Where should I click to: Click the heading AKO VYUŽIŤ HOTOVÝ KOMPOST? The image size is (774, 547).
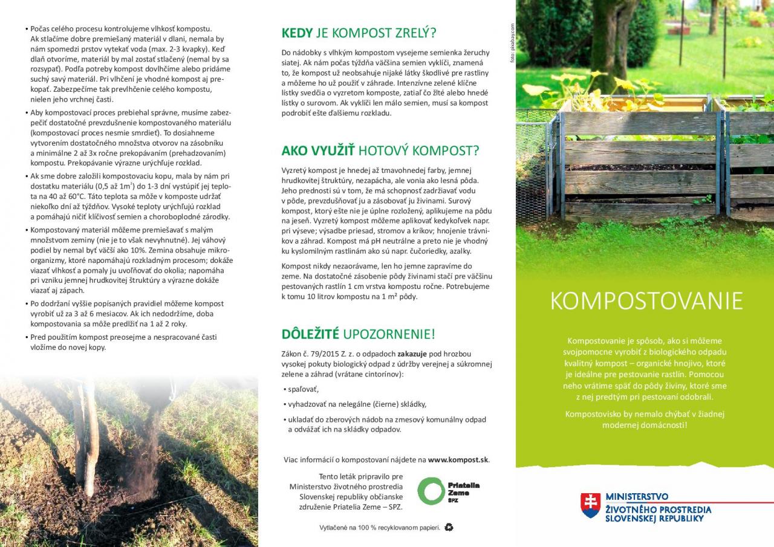point(380,151)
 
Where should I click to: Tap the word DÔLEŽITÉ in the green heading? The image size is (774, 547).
point(310,334)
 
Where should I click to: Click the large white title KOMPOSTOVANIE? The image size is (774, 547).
point(646,301)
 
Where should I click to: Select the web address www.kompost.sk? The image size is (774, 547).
point(458,459)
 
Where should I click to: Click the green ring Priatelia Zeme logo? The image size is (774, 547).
point(431,490)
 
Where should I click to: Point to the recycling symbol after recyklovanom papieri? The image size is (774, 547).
point(449,527)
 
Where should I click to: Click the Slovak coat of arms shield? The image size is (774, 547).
point(590,505)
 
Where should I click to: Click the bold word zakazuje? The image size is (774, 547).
point(412,354)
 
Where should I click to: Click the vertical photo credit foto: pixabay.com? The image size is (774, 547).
point(512,43)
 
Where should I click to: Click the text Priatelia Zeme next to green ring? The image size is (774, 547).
point(463,490)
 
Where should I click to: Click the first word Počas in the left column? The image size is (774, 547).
point(41,28)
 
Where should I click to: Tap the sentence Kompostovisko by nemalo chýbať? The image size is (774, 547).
point(645,414)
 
